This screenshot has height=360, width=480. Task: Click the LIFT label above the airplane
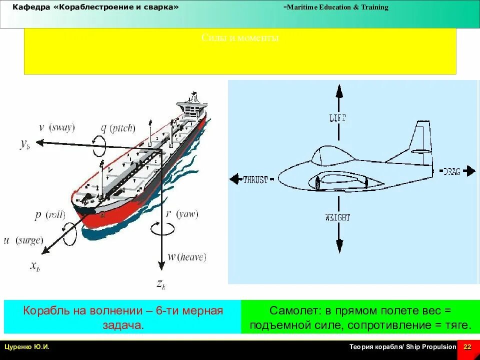pos(338,118)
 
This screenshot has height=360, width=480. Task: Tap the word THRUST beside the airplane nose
pos(255,179)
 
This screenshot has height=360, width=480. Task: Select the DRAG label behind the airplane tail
pos(451,171)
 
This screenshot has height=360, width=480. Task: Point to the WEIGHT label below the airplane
pos(338,217)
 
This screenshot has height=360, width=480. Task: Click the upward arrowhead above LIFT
pos(339,91)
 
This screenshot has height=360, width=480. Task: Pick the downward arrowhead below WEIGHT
pos(339,245)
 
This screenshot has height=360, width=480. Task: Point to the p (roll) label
pos(50,215)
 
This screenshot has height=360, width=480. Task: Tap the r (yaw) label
pos(182,214)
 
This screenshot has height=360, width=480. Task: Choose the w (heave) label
pos(186,257)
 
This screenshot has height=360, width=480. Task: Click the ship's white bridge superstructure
pos(192,106)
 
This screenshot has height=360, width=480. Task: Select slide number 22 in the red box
pos(468,347)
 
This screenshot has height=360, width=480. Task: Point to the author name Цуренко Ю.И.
pos(27,347)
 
